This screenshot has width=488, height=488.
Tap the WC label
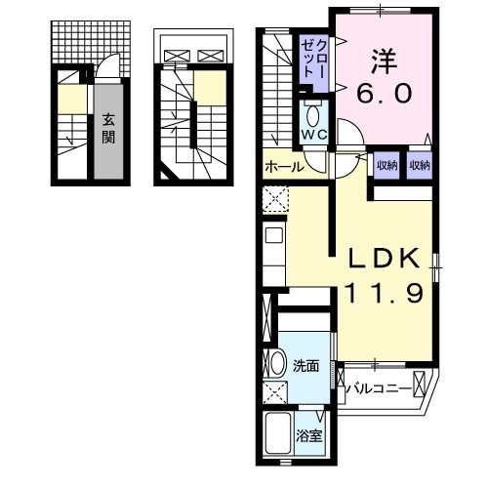click(x=312, y=133)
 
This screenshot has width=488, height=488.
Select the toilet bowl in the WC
click(x=312, y=111)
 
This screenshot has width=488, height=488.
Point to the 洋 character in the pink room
click(x=382, y=61)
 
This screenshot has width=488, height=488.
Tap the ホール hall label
click(x=282, y=168)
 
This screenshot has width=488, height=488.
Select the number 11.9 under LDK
click(x=385, y=293)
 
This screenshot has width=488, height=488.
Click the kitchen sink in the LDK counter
click(x=273, y=235)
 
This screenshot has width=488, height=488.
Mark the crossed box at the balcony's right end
click(x=422, y=383)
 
